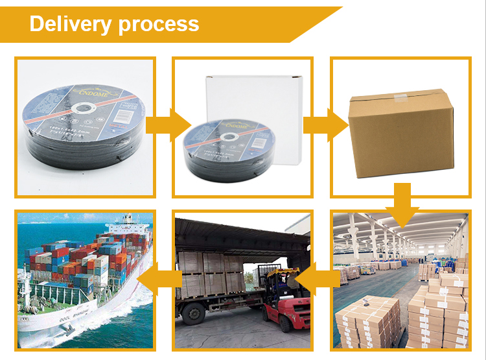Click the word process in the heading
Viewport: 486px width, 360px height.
tap(158, 25)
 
